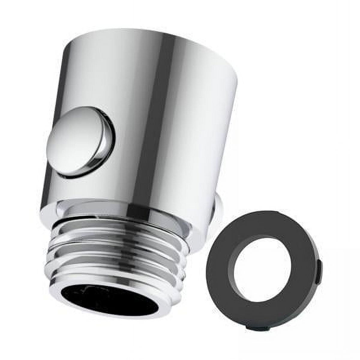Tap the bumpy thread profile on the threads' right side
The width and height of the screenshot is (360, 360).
pyautogui.click(x=183, y=258)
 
